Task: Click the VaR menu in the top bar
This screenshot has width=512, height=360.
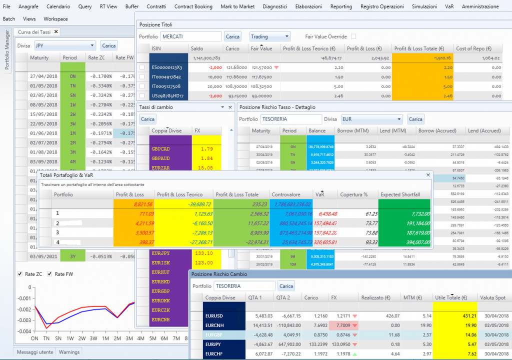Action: pyautogui.click(x=449, y=6)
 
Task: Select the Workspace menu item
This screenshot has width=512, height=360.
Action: pyautogui.click(x=55, y=18)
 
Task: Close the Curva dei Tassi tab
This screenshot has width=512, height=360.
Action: pyautogui.click(x=56, y=32)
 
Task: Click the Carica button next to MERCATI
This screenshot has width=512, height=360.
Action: pyautogui.click(x=232, y=36)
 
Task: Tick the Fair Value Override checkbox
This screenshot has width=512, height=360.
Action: pyautogui.click(x=353, y=36)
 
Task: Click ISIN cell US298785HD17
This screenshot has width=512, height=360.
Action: pyautogui.click(x=167, y=95)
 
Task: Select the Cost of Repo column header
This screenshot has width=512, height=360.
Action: pyautogui.click(x=471, y=48)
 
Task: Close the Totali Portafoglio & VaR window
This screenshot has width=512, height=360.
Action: pyautogui.click(x=427, y=175)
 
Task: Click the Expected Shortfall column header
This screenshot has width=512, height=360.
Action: pyautogui.click(x=400, y=194)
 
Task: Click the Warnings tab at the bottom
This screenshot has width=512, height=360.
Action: pyautogui.click(x=69, y=352)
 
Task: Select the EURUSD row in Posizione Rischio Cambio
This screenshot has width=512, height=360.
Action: pyautogui.click(x=215, y=316)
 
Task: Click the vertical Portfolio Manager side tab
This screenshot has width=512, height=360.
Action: pyautogui.click(x=7, y=50)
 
